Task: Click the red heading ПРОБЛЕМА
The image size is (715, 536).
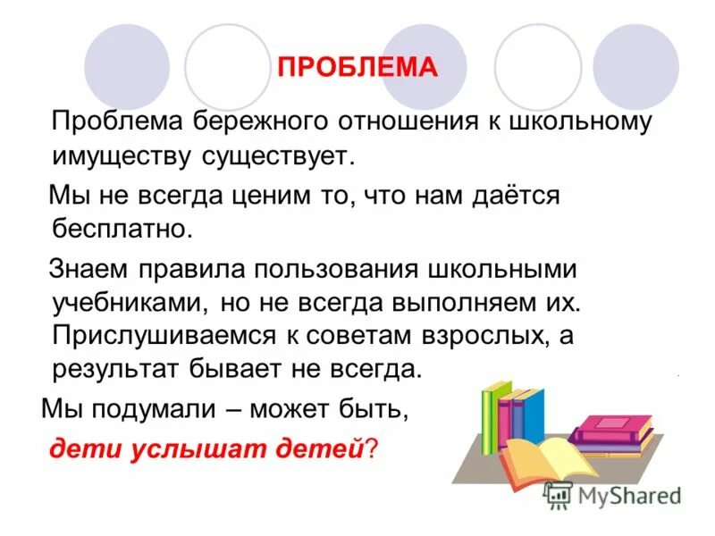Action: pyautogui.click(x=357, y=68)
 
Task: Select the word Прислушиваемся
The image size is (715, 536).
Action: pyautogui.click(x=165, y=336)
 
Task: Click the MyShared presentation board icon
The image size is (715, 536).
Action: pyautogui.click(x=559, y=495)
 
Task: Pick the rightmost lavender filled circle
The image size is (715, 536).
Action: pyautogui.click(x=635, y=65)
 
